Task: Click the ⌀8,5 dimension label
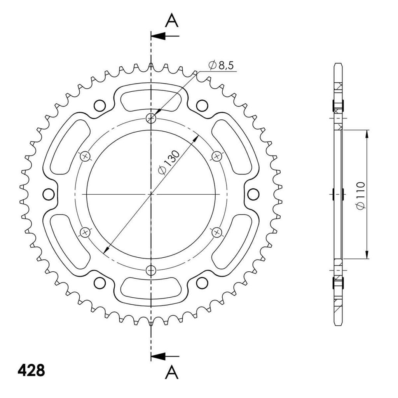point(221,65)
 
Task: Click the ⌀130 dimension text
point(169,162)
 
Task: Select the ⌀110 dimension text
point(360,196)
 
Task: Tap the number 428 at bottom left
point(31,370)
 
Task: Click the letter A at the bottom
point(171,372)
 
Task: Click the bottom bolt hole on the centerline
point(151,270)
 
